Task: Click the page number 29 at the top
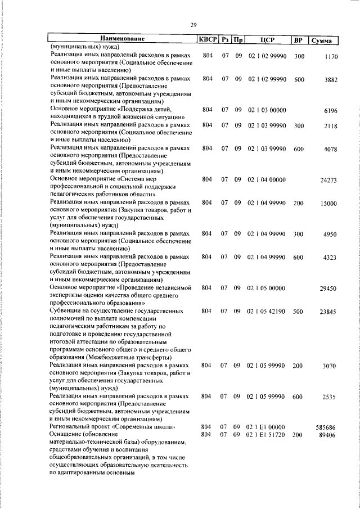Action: point(193,25)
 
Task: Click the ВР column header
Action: point(298,40)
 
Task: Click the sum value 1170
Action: point(330,57)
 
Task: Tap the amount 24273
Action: point(328,181)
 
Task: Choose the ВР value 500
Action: point(298,311)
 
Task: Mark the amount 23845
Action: point(328,312)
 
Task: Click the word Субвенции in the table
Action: point(66,310)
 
